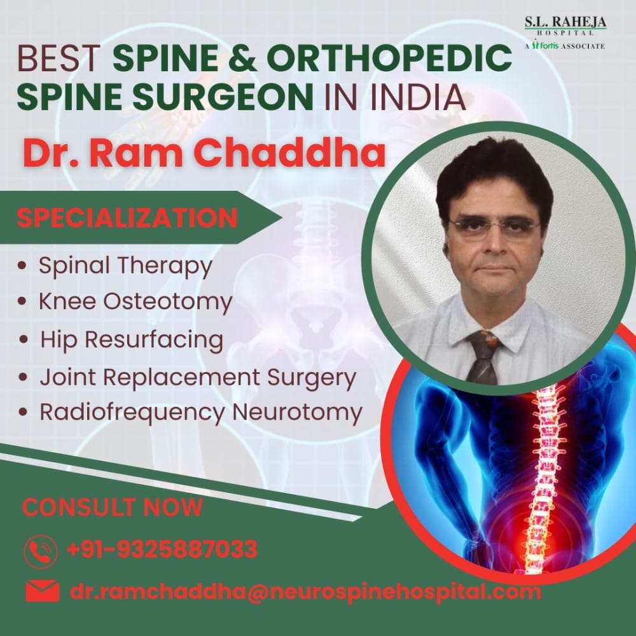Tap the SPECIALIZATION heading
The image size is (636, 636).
(127, 218)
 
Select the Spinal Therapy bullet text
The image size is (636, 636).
(125, 266)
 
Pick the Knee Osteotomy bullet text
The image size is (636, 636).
(135, 302)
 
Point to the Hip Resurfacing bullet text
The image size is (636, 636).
(132, 339)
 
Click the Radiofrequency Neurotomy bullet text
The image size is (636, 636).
(200, 412)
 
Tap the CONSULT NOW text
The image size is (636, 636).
(113, 508)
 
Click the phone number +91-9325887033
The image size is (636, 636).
(162, 549)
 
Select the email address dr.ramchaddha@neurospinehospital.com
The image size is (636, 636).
(305, 592)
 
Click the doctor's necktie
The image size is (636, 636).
(484, 356)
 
